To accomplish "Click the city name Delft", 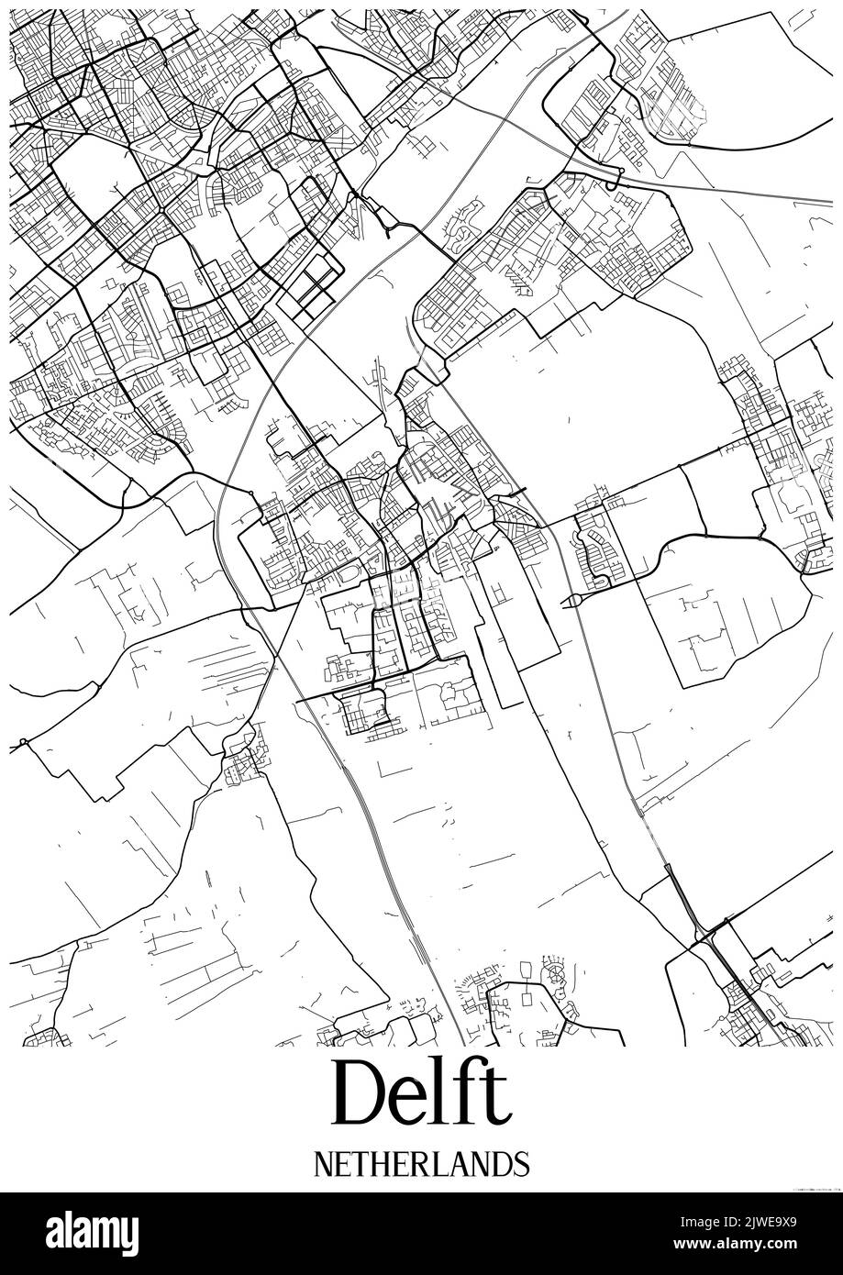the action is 421,1092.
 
